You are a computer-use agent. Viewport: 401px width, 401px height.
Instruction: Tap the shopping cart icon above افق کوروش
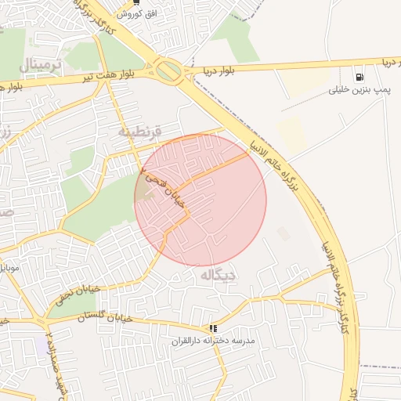point(137,2)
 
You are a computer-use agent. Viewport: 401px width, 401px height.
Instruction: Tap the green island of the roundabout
point(168,71)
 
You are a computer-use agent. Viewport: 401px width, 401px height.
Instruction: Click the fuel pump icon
point(359,78)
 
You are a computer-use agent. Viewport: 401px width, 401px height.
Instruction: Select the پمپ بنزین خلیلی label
point(359,92)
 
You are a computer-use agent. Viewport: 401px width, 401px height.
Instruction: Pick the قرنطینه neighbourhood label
point(139,131)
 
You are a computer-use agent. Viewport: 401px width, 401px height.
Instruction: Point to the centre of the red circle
point(200,200)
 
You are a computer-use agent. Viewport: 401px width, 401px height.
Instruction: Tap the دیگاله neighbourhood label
point(219,276)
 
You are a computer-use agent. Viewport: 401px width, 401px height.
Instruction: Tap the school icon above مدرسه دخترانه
point(213,329)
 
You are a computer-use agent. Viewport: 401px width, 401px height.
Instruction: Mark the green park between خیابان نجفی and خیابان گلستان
point(63,305)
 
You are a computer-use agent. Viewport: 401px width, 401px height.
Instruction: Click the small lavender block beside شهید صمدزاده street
point(40,345)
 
